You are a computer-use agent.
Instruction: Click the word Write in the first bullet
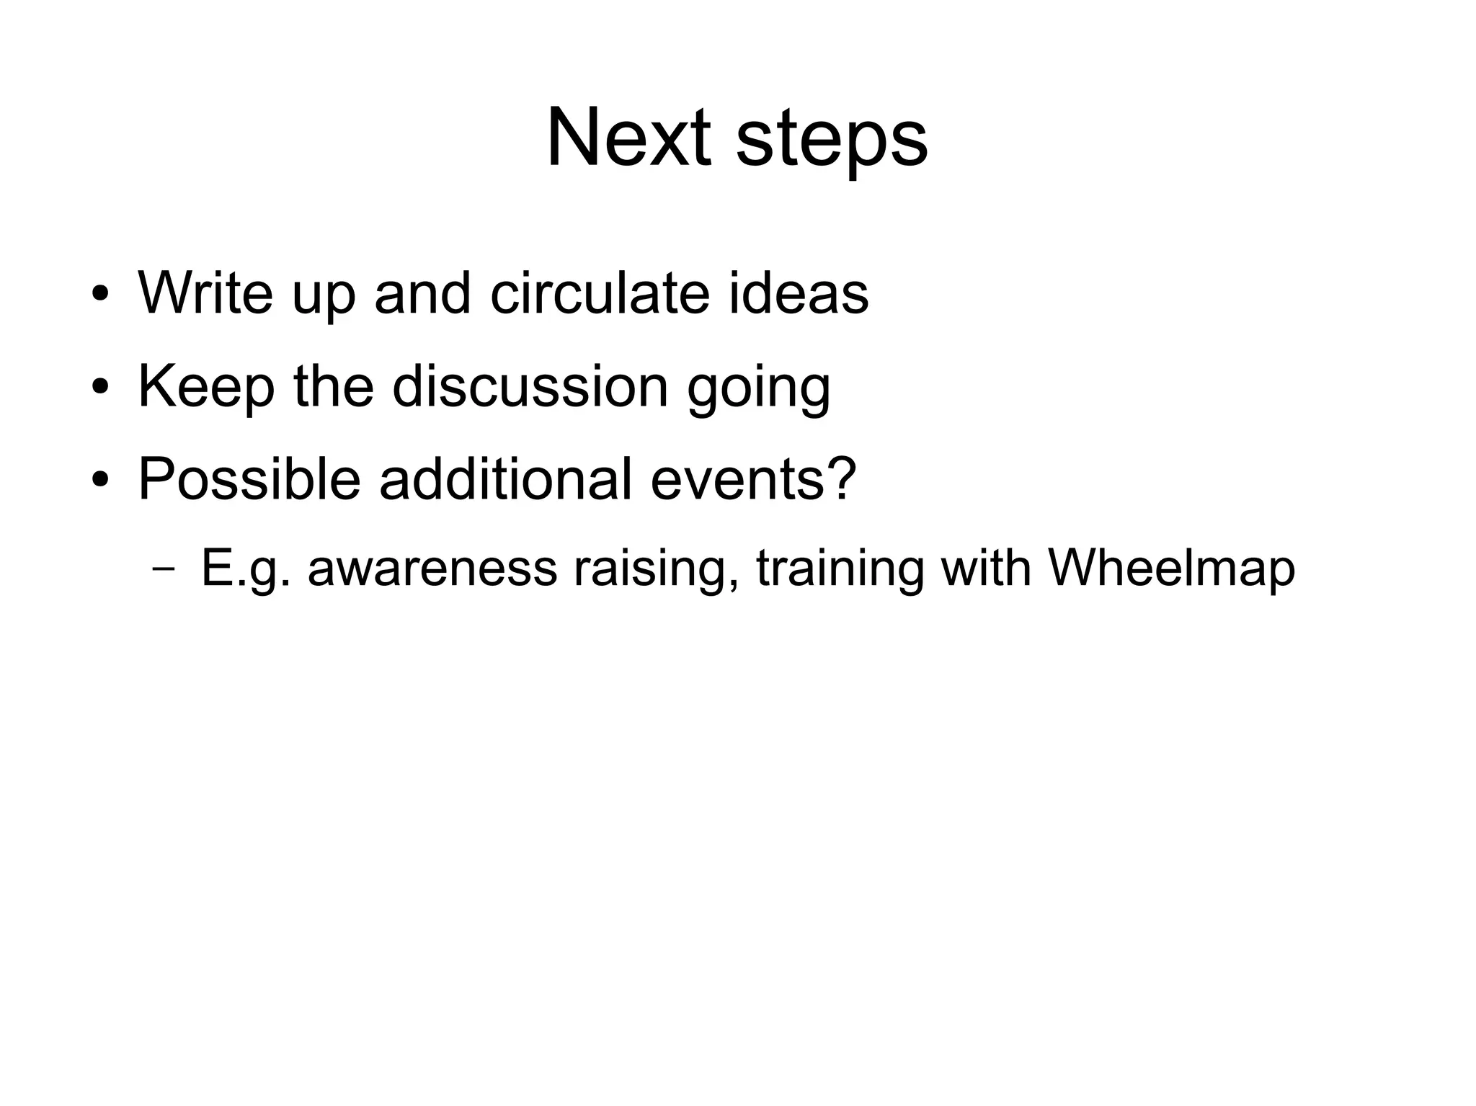click(206, 293)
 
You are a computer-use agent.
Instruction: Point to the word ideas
click(798, 293)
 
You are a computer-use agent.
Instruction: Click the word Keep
click(206, 388)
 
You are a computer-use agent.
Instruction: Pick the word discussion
click(530, 386)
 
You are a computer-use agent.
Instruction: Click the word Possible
click(249, 478)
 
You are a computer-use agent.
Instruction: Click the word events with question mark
click(753, 480)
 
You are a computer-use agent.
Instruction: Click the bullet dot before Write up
click(100, 296)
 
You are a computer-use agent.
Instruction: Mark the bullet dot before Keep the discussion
click(100, 389)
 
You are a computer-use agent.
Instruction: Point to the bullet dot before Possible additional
click(100, 481)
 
